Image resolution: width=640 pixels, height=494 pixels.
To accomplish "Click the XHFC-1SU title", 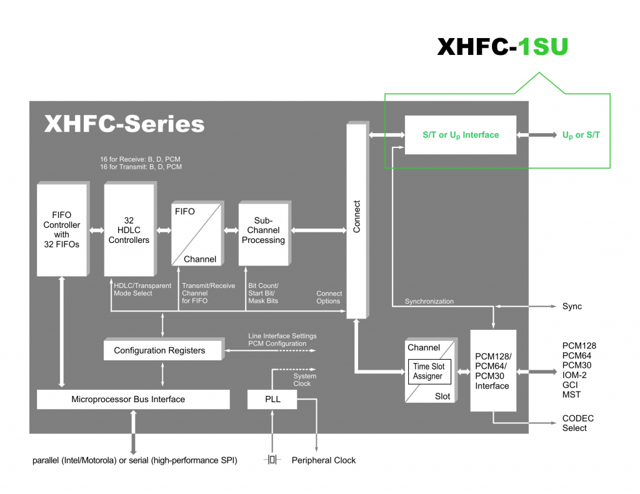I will [502, 47].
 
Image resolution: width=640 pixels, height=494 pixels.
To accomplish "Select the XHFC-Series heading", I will [124, 124].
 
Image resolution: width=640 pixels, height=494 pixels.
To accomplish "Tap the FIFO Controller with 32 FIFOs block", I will [61, 230].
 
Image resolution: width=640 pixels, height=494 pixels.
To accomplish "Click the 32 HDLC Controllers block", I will [129, 230].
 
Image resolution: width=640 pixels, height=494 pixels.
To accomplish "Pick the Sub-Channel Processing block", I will [263, 230].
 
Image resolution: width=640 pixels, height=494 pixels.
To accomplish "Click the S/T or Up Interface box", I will [461, 135].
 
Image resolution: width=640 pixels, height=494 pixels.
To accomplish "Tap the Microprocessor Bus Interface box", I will [128, 399].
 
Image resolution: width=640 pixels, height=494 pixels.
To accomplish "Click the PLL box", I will [272, 399].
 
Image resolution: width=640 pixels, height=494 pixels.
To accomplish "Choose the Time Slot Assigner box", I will [429, 371].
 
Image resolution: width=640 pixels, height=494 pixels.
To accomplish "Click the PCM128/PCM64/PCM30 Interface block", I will [492, 371].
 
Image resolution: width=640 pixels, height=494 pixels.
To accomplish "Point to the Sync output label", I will [572, 306].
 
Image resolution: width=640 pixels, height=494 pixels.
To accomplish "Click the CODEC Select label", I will [577, 423].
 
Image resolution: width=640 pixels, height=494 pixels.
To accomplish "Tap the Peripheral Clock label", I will [323, 460].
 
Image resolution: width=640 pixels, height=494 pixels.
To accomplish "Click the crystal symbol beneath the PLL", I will [272, 460].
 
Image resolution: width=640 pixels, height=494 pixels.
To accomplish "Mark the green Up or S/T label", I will [581, 135].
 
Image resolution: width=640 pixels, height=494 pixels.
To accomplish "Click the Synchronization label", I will [429, 301].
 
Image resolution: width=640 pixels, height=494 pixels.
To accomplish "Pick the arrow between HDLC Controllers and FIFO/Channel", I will [163, 230].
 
